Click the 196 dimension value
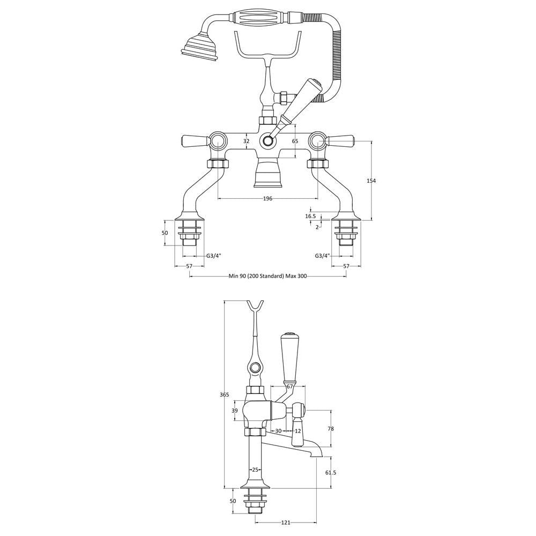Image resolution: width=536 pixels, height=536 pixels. pyautogui.click(x=267, y=199)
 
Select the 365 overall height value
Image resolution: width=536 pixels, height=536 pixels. pyautogui.click(x=224, y=395)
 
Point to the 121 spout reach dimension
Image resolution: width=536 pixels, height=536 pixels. pyautogui.click(x=286, y=522)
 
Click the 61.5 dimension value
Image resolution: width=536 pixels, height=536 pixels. pyautogui.click(x=331, y=472)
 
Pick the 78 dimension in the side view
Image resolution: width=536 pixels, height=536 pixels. pyautogui.click(x=331, y=428)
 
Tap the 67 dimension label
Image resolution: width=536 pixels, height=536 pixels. pyautogui.click(x=290, y=386)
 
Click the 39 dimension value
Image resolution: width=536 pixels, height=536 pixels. pyautogui.click(x=235, y=411)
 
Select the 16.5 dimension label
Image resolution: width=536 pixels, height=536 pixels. pyautogui.click(x=311, y=216)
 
